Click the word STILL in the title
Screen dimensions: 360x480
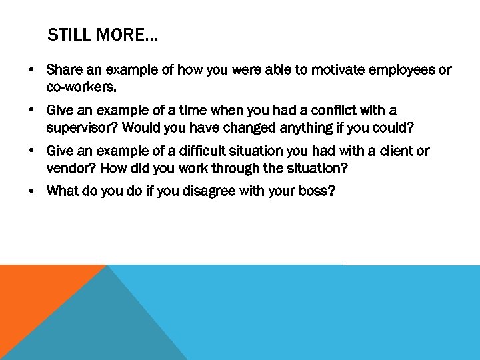click(x=69, y=35)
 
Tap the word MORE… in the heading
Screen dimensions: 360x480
click(x=127, y=35)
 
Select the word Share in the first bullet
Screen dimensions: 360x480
click(x=64, y=70)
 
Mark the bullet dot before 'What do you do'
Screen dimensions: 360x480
click(x=31, y=192)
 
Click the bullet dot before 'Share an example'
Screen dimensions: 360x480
click(x=31, y=70)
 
